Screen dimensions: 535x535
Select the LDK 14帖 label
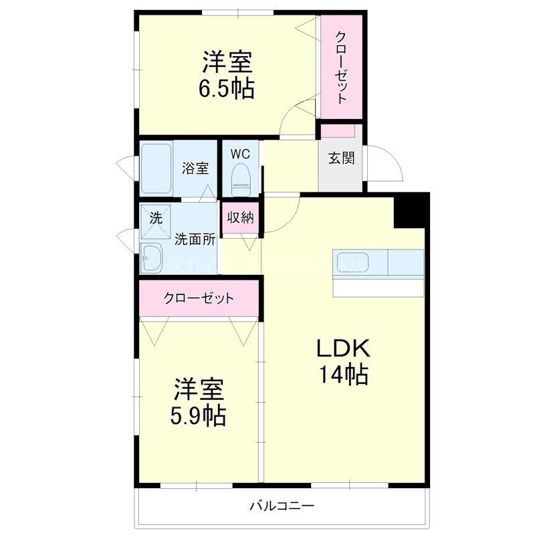coord(343,361)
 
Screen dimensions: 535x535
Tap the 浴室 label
coord(195,169)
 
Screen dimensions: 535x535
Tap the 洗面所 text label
coord(195,238)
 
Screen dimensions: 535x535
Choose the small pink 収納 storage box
coord(240,217)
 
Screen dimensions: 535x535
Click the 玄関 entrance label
coord(341,158)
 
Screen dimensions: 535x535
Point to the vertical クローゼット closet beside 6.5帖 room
coord(341,67)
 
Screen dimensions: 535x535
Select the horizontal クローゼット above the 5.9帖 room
coord(199,298)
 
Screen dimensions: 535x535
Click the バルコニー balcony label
coord(282,506)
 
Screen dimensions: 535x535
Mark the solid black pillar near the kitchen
coord(411,209)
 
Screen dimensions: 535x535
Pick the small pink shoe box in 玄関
coord(341,130)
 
